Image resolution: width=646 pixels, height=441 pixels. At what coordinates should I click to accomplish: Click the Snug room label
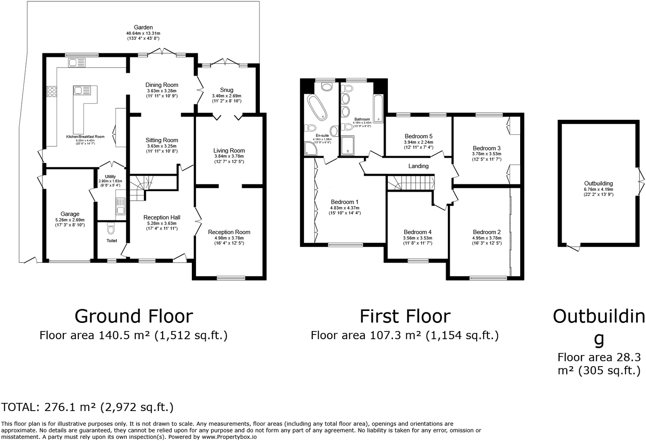226,90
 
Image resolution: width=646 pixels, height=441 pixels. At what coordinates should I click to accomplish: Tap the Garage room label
70,214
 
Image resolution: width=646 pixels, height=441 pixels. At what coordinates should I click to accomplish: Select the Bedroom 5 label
418,136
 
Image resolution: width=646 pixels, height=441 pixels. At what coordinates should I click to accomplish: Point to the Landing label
418,166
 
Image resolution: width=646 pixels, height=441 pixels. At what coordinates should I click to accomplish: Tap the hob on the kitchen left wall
52,92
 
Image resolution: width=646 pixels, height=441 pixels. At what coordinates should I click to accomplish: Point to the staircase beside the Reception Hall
138,191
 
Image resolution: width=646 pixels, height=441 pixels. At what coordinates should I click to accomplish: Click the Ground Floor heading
134,317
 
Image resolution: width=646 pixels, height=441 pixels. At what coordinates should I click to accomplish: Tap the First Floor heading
405,317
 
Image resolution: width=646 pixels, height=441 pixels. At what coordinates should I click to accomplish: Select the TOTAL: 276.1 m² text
88,407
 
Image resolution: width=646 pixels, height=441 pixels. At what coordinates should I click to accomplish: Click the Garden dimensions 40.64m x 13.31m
143,33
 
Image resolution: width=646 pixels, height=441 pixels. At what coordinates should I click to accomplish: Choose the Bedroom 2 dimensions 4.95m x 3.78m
487,238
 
